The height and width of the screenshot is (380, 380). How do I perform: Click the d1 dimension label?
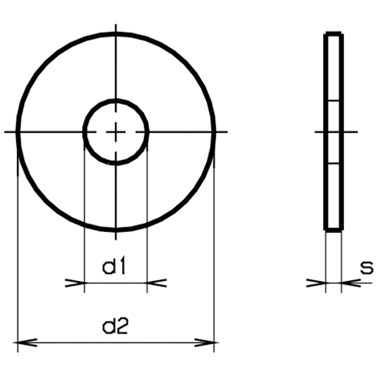tap(114, 267)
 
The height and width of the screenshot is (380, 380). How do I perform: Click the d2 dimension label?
tap(115, 326)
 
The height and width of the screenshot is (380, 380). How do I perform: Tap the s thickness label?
tap(367, 268)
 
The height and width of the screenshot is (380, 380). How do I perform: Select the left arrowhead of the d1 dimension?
tap(75, 283)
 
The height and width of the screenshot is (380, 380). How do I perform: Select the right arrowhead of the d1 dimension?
tap(157, 283)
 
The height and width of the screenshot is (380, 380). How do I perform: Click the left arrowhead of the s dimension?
tap(316, 283)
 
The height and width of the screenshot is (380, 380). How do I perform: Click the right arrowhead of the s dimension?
tap(351, 283)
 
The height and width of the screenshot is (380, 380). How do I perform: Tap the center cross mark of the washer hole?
tap(116, 132)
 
